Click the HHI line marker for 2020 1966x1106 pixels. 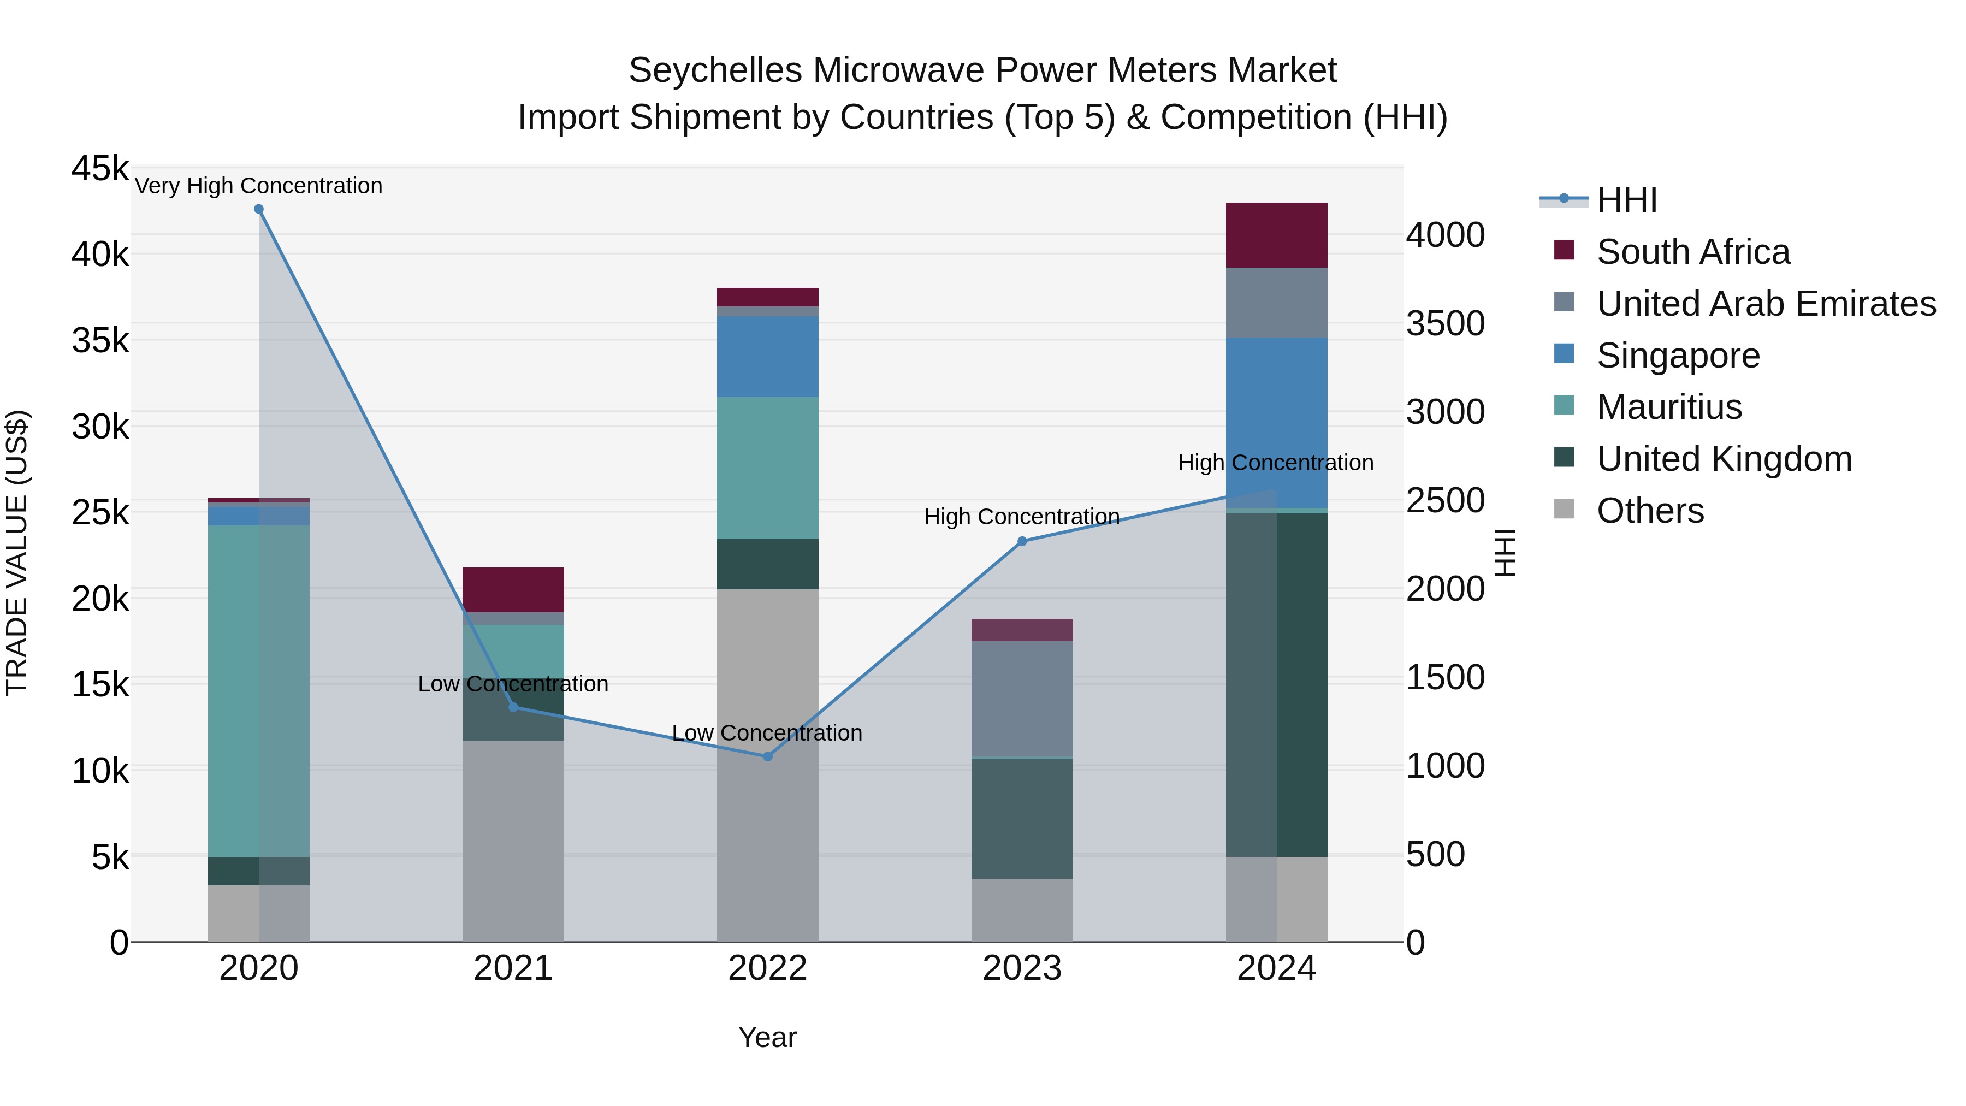pyautogui.click(x=259, y=209)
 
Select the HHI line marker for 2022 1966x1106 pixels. pyautogui.click(x=768, y=756)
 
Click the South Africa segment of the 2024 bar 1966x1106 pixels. pyautogui.click(x=1276, y=235)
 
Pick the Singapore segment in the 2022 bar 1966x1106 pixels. pyautogui.click(x=768, y=357)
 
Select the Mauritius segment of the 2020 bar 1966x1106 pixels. pyautogui.click(x=259, y=691)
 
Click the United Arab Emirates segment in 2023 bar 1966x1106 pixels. pyautogui.click(x=1022, y=699)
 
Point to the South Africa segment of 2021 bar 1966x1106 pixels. pyautogui.click(x=513, y=589)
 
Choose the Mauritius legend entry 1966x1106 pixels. pyautogui.click(x=1668, y=407)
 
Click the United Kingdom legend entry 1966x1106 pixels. pyautogui.click(x=1724, y=459)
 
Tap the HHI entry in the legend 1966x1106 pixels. pyautogui.click(x=1626, y=200)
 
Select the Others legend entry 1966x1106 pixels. pyautogui.click(x=1649, y=511)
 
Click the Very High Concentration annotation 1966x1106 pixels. pyautogui.click(x=259, y=186)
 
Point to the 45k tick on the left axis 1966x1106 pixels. pyautogui.click(x=100, y=169)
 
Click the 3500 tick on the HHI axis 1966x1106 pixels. pyautogui.click(x=1444, y=323)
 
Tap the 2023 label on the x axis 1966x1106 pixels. pyautogui.click(x=1022, y=968)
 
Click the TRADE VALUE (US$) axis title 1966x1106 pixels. pyautogui.click(x=17, y=553)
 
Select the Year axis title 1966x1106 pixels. pyautogui.click(x=767, y=1037)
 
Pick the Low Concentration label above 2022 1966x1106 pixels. pyautogui.click(x=767, y=733)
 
